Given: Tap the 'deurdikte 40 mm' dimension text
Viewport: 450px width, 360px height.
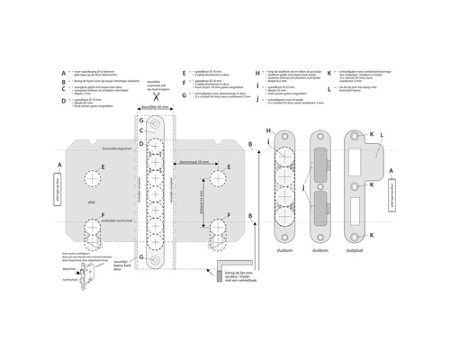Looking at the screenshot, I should (157, 107).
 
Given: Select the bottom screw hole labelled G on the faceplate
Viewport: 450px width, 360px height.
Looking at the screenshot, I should (157, 262).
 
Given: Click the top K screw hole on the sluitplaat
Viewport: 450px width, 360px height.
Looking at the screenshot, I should (358, 137).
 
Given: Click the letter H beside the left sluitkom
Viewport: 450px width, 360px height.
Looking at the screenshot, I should (268, 130).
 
